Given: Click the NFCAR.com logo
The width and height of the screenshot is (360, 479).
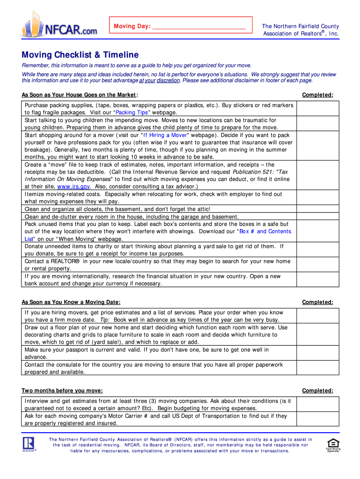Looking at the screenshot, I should [59, 24].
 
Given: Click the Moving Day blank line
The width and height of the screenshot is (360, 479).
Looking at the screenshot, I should [199, 27].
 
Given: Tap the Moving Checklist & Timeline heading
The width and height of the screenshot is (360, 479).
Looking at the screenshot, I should [80, 55].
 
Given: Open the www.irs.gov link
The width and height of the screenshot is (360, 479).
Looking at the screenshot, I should [73, 187].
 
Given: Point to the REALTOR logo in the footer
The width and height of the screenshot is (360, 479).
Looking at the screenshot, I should [29, 444].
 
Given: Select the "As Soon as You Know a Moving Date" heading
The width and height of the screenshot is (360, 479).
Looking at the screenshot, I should [71, 302].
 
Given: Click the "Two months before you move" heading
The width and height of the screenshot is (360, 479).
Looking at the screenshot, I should [62, 391].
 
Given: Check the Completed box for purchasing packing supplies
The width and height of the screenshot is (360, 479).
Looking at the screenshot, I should [318, 109].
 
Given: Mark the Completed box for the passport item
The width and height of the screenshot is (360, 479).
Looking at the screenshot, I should [318, 354].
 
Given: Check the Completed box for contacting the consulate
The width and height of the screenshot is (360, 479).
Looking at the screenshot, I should [318, 368].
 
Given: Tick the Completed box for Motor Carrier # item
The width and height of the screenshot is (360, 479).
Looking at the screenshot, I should [318, 420].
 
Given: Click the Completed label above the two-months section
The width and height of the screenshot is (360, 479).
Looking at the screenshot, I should [317, 391].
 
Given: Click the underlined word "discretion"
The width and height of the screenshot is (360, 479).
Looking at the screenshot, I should [168, 80].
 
